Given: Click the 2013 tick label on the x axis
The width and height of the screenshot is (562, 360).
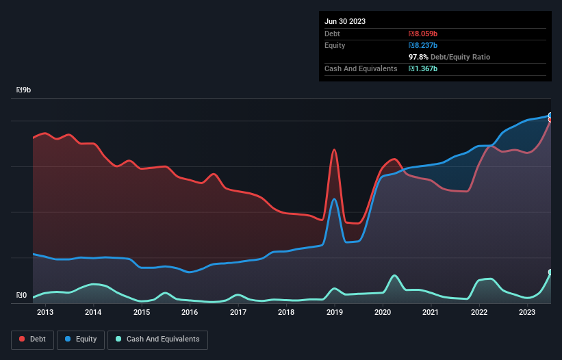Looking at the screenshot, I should (x=45, y=313).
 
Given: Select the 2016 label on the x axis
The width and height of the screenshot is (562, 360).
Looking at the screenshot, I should (x=190, y=313).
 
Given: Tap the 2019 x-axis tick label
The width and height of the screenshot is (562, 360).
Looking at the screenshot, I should (x=334, y=313).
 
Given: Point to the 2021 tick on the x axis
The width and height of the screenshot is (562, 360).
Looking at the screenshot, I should (x=431, y=313).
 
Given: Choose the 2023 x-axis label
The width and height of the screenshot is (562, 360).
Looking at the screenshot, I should (x=527, y=313).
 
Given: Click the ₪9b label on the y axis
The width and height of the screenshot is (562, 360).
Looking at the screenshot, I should (x=24, y=90).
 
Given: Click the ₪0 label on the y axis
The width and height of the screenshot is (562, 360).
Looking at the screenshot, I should (x=21, y=296).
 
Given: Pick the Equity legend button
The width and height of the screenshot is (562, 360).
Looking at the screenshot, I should (x=81, y=339).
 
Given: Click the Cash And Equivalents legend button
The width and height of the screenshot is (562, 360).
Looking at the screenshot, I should (x=157, y=339).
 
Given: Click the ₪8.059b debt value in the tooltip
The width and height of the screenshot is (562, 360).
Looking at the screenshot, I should (x=424, y=34).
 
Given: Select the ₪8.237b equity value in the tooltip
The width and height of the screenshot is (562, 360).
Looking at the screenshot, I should (x=424, y=45).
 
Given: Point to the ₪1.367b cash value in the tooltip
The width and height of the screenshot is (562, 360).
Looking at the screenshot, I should (x=424, y=68).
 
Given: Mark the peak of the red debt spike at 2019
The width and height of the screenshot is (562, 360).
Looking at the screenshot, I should (x=334, y=149).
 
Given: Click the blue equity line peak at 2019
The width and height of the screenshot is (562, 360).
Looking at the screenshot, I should (x=334, y=199).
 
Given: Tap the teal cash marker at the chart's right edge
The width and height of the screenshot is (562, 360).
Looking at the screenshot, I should (x=550, y=272).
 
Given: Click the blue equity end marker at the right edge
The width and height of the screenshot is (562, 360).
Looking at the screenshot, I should (x=550, y=116).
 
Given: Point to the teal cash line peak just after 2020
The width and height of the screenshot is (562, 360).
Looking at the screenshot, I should (x=394, y=275).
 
